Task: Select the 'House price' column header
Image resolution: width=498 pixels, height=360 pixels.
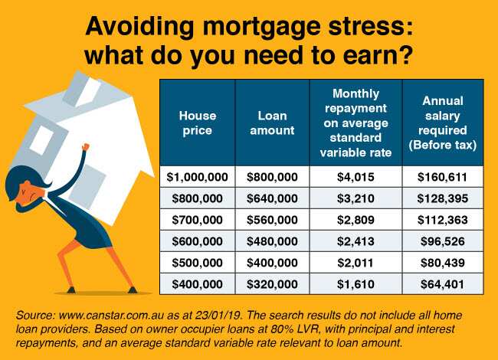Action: [198, 123]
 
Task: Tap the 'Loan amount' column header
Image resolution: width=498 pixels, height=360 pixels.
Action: [272, 123]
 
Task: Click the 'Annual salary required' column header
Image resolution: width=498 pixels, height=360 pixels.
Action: [441, 123]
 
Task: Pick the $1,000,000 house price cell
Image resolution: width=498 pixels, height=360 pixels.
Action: [198, 177]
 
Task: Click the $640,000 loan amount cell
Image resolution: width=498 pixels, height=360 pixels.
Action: [272, 198]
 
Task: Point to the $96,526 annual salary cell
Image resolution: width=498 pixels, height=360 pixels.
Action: [441, 241]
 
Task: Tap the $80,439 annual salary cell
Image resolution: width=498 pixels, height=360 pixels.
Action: [441, 261]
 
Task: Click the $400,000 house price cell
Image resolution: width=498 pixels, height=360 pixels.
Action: [198, 283]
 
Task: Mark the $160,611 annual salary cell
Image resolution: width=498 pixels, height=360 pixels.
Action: [441, 177]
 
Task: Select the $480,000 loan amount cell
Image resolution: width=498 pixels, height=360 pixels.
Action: [272, 241]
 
